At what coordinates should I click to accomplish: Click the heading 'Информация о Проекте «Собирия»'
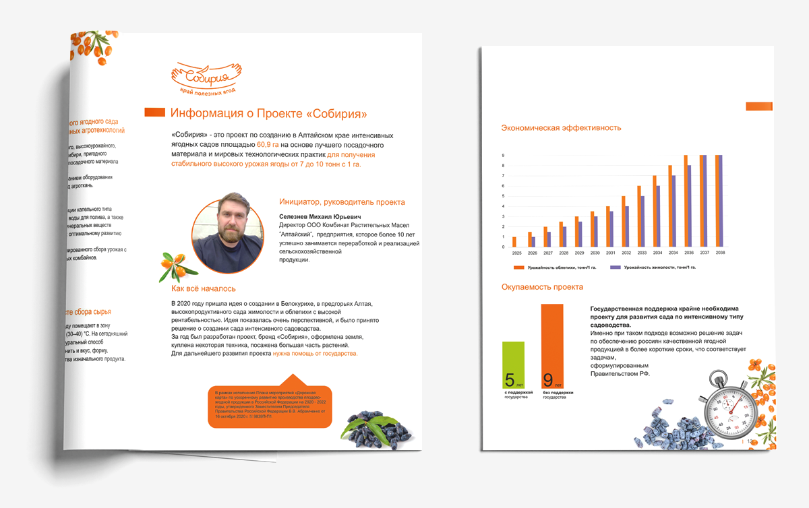[268, 113]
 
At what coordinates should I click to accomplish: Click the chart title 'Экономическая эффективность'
[561, 127]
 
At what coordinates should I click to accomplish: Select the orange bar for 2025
[514, 242]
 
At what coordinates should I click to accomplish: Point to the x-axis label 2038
[720, 253]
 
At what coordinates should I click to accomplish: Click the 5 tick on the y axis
[503, 196]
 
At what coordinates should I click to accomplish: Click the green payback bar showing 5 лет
[513, 364]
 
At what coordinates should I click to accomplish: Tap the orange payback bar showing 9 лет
[551, 346]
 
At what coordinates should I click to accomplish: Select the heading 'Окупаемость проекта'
[542, 287]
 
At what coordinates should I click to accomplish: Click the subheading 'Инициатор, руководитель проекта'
[342, 201]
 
